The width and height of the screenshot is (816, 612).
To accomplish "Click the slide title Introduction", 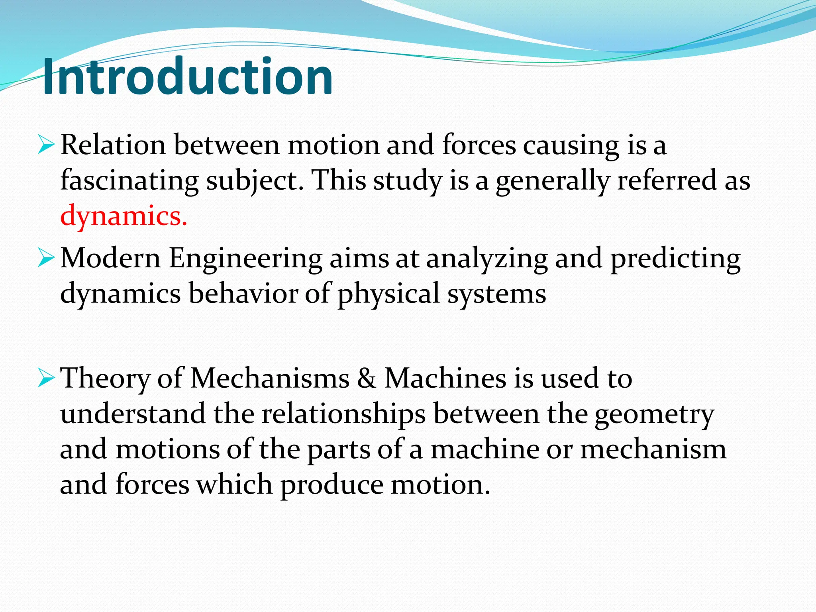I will pos(187,76).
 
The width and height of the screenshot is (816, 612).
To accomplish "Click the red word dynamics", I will pos(124,216).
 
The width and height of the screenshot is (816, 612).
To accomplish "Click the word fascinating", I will pos(129,180).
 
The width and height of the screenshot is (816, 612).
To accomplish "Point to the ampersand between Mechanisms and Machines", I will pos(367,378).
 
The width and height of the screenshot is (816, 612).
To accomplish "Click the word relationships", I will pos(343,414).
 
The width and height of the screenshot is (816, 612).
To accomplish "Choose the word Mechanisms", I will pos(270,378).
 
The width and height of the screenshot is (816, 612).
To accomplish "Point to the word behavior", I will pos(243,294).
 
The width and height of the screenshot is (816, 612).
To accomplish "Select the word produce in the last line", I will pos(331,485).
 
